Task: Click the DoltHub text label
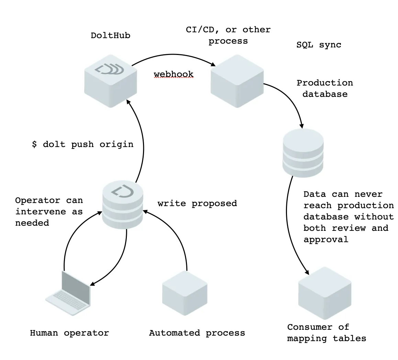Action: tap(110, 36)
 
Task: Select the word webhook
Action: tap(174, 74)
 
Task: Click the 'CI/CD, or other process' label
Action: tap(228, 35)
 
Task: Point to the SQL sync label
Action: tap(319, 45)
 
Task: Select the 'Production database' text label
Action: tap(325, 89)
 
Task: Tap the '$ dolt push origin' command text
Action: tap(82, 144)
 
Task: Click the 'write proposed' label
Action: tap(197, 203)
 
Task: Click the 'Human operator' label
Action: tap(69, 333)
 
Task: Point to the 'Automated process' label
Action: tap(197, 333)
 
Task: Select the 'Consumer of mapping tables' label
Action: tap(327, 333)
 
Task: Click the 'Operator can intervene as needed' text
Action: tap(49, 212)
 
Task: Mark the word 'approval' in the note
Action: tap(326, 239)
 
